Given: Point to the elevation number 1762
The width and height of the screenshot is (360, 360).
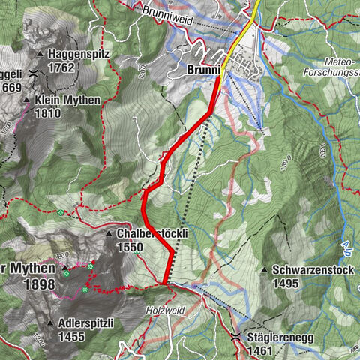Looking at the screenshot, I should pyautogui.click(x=63, y=67).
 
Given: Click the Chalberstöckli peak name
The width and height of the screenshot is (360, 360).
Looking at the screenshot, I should pyautogui.click(x=151, y=233).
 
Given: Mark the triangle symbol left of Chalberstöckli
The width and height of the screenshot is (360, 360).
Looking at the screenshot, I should pyautogui.click(x=109, y=233).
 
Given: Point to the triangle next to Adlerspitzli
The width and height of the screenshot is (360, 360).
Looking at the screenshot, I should pyautogui.click(x=50, y=323).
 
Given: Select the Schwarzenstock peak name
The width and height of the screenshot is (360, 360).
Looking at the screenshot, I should pyautogui.click(x=309, y=270).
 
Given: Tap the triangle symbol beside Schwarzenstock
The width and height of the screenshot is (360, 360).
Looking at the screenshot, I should pyautogui.click(x=264, y=270).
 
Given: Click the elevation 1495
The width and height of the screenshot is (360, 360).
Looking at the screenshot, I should pyautogui.click(x=286, y=283).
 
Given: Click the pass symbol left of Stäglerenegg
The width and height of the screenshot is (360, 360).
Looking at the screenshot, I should pyautogui.click(x=235, y=337).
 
